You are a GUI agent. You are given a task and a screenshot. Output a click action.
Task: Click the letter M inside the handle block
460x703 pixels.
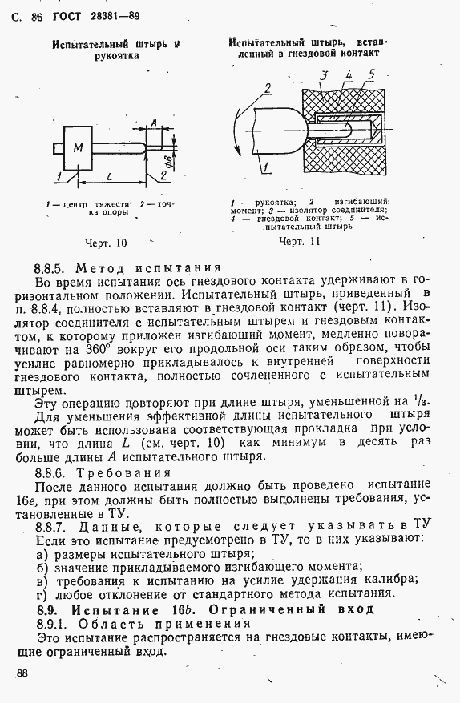click(78, 148)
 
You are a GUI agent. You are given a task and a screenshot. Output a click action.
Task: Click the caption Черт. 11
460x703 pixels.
click(299, 240)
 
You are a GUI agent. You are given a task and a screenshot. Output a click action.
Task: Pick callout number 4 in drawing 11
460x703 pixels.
click(349, 76)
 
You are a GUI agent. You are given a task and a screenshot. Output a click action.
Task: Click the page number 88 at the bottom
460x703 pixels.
click(22, 673)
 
